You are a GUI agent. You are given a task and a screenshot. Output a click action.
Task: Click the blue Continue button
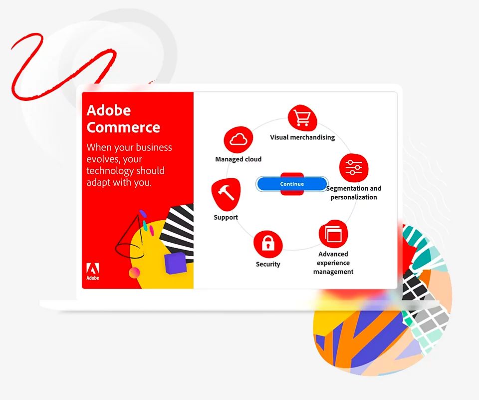pyautogui.click(x=292, y=184)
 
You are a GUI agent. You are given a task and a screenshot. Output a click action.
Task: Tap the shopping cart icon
pyautogui.click(x=302, y=118)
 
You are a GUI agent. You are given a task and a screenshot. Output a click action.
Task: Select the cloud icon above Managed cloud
pyautogui.click(x=239, y=140)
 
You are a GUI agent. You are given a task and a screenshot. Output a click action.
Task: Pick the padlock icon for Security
pyautogui.click(x=268, y=244)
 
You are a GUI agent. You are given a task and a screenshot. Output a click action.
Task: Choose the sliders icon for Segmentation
pyautogui.click(x=354, y=168)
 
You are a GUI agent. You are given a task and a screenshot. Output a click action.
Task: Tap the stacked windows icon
pyautogui.click(x=333, y=234)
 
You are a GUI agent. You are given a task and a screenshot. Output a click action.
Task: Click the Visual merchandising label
pyautogui.click(x=302, y=137)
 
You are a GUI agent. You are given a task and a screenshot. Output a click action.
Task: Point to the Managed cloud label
pyautogui.click(x=239, y=159)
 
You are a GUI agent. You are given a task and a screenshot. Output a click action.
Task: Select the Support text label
pyautogui.click(x=226, y=217)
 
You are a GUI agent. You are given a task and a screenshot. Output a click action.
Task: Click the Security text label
pyautogui.click(x=268, y=264)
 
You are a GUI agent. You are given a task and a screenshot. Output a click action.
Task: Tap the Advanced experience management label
pyautogui.click(x=333, y=263)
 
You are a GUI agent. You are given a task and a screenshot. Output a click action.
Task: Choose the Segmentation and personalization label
pyautogui.click(x=354, y=193)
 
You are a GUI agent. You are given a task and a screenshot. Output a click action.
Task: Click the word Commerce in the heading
pyautogui.click(x=123, y=127)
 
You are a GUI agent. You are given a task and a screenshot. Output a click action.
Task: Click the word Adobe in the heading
pyautogui.click(x=108, y=110)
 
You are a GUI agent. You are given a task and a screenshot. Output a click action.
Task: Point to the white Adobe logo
pyautogui.click(x=93, y=271)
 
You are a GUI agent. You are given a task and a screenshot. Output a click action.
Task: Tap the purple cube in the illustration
pyautogui.click(x=175, y=263)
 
